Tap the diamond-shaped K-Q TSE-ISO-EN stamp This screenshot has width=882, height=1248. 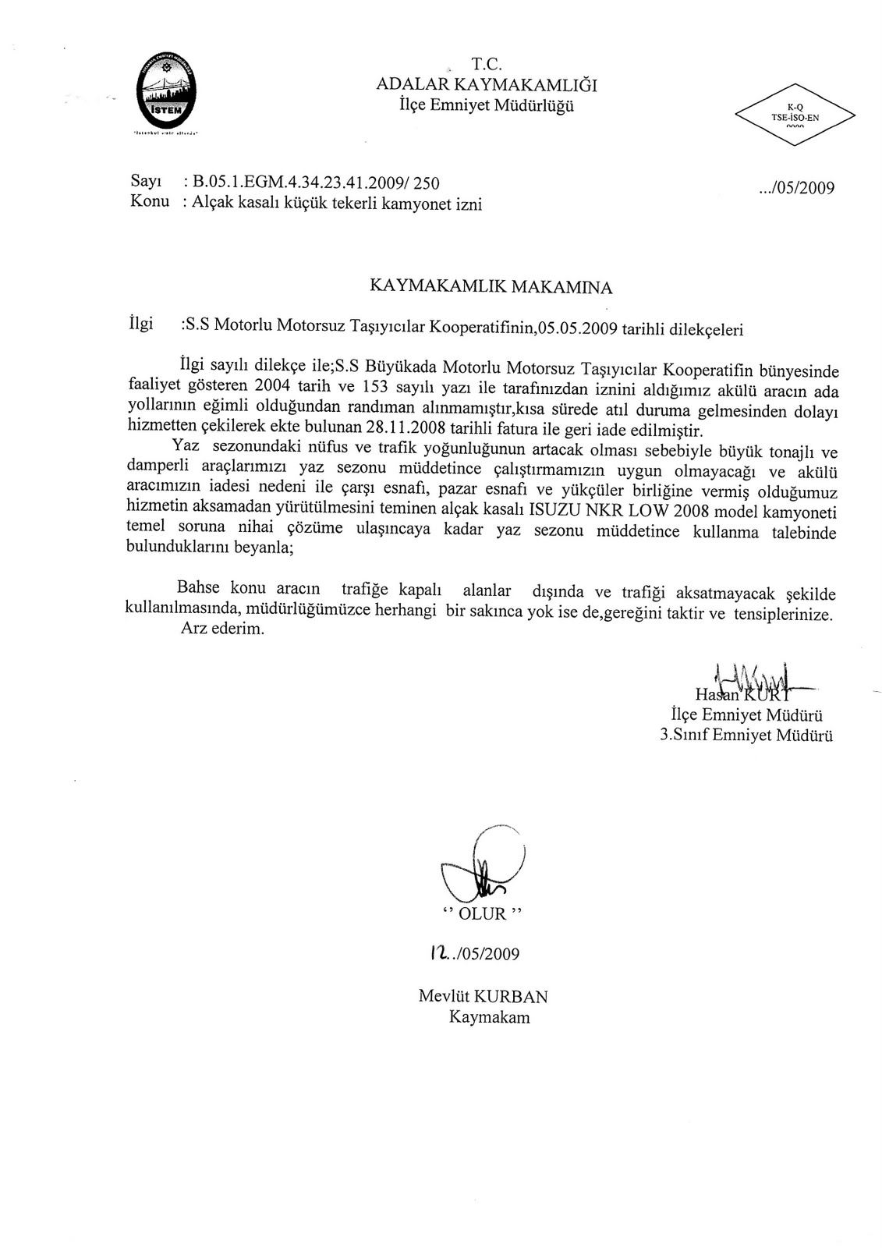pyautogui.click(x=794, y=115)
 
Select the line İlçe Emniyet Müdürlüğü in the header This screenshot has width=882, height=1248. pyautogui.click(x=486, y=106)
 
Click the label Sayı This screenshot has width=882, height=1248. pyautogui.click(x=145, y=183)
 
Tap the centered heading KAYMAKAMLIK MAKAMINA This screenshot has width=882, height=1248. pyautogui.click(x=491, y=287)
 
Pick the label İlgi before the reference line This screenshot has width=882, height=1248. pyautogui.click(x=140, y=323)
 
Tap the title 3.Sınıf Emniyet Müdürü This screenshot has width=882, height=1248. pyautogui.click(x=746, y=735)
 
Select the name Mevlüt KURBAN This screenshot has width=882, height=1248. pyautogui.click(x=483, y=996)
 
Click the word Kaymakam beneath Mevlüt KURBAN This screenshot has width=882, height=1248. pyautogui.click(x=489, y=1017)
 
